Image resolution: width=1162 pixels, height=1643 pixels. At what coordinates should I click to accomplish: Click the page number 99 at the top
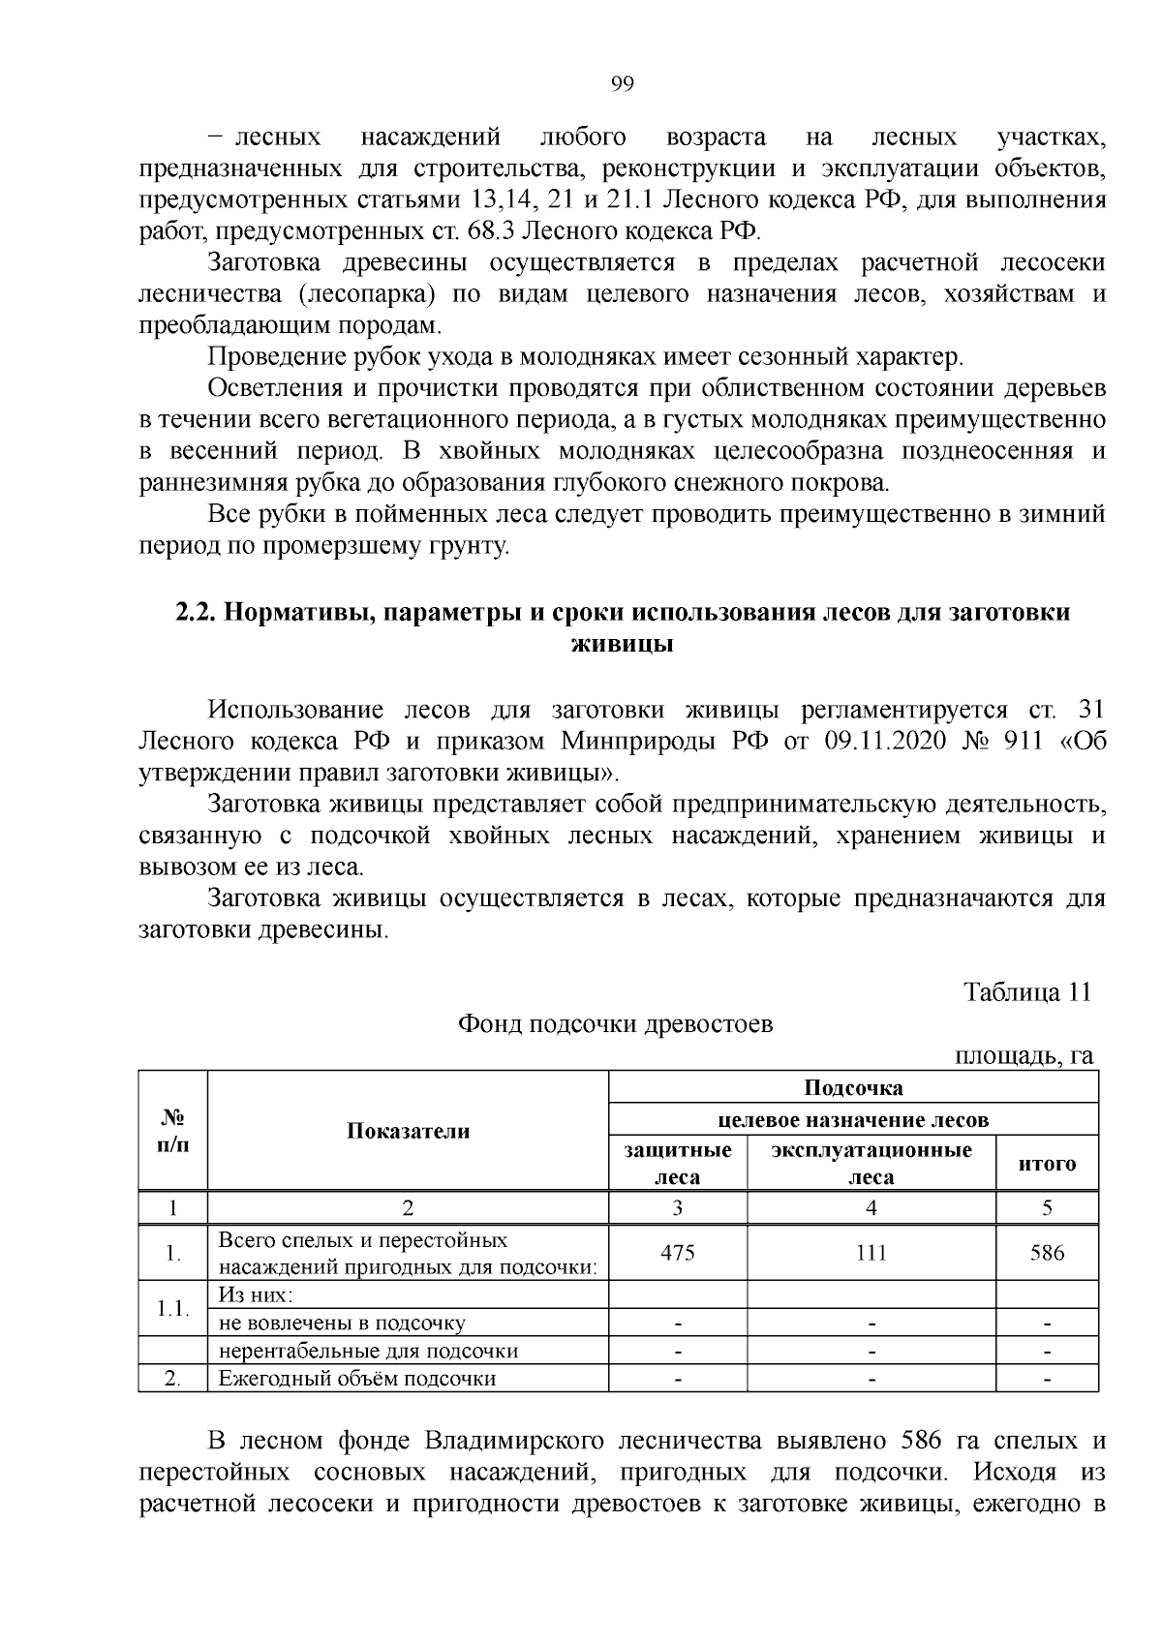click(623, 84)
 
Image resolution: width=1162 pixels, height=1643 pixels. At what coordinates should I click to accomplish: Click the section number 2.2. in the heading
click(198, 613)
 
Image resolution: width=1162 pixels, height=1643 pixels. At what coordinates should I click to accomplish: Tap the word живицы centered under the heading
click(623, 644)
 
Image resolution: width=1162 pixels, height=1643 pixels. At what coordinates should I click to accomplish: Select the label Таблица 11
click(1027, 992)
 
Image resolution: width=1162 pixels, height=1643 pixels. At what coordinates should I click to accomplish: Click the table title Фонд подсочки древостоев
click(615, 1024)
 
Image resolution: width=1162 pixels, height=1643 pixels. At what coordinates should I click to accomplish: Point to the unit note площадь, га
click(1024, 1055)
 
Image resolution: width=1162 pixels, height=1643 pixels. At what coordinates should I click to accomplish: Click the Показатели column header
click(408, 1131)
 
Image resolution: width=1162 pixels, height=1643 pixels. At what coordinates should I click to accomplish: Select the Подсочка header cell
click(853, 1087)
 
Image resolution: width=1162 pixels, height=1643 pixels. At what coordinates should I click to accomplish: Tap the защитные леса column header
click(677, 1163)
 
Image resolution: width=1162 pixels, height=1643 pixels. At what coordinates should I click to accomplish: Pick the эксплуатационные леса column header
click(871, 1163)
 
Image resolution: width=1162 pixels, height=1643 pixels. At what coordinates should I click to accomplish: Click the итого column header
click(1047, 1164)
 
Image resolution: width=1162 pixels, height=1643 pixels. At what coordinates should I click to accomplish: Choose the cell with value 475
click(677, 1253)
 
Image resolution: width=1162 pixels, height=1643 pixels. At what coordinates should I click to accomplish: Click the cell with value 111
click(871, 1253)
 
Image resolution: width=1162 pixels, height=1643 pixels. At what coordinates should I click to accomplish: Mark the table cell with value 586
click(1047, 1253)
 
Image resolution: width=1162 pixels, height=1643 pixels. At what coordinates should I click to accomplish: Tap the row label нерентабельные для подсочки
click(368, 1351)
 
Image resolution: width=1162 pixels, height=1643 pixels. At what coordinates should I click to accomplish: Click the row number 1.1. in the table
click(172, 1309)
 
